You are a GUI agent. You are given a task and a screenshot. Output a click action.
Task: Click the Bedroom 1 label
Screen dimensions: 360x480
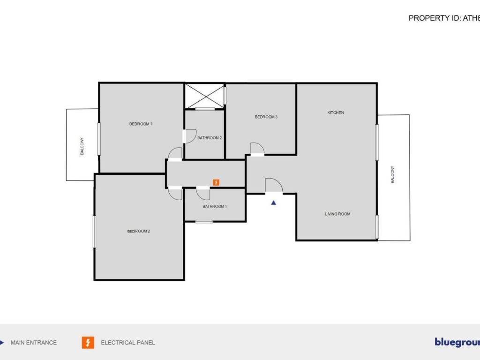[x=141, y=124]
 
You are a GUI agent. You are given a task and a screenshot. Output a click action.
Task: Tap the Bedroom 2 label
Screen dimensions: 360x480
[x=138, y=231]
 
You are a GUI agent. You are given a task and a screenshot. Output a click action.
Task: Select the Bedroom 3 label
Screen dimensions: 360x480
[x=266, y=117]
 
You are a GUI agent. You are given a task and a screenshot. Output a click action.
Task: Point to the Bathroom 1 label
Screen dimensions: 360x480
[x=215, y=206]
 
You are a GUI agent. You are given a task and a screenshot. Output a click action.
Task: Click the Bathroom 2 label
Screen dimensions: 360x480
[x=210, y=138]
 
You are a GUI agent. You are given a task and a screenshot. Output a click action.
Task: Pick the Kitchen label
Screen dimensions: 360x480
[x=336, y=112]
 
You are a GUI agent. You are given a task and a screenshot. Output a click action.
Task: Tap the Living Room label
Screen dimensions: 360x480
[x=337, y=214]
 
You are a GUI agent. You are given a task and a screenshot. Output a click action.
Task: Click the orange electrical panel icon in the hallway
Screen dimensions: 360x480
[x=216, y=182]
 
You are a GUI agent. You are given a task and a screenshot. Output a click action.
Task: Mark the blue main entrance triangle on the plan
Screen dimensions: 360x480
[x=274, y=203]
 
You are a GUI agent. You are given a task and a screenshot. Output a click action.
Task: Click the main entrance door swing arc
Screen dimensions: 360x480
[x=274, y=185]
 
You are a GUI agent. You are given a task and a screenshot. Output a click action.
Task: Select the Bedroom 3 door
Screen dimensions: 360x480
[x=257, y=149]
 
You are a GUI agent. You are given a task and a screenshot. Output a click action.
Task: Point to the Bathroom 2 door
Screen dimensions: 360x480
[x=190, y=136]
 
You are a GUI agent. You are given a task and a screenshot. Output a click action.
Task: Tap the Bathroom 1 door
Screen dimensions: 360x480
[x=203, y=193]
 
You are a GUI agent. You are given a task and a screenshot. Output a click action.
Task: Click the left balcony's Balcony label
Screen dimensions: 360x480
[x=82, y=146]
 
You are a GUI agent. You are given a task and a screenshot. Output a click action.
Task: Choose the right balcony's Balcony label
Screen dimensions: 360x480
[x=393, y=174]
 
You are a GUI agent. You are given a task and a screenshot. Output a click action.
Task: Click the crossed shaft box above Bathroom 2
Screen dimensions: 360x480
[x=204, y=96]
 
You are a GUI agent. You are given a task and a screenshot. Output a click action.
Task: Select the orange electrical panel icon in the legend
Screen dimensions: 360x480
[x=88, y=343]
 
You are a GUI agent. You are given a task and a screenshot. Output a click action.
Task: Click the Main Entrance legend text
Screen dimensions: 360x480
[x=34, y=343]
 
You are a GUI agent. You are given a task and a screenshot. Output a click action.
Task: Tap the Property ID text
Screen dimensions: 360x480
[x=444, y=18]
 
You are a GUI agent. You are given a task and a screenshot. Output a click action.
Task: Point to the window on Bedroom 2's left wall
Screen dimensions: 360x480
[x=95, y=231]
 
